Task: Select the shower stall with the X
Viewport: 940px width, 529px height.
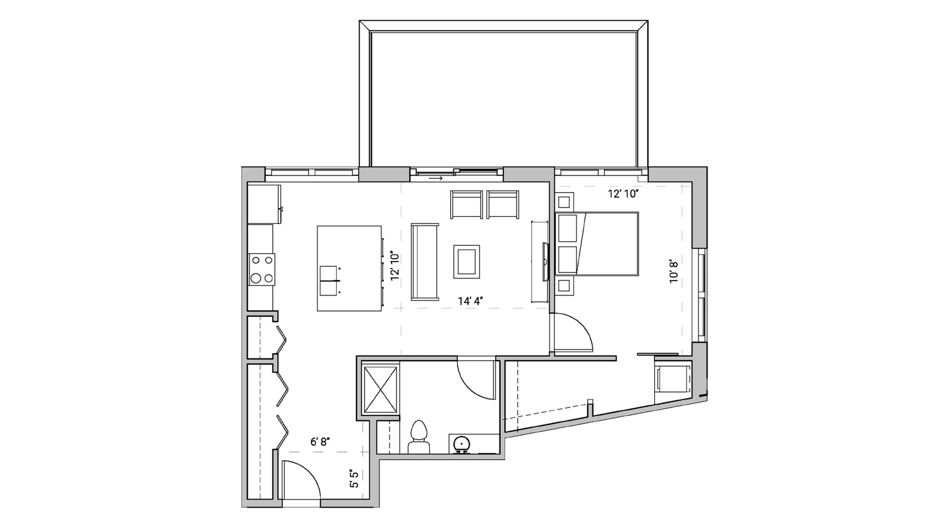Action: tap(380, 390)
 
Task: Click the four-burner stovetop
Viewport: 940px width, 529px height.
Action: tap(262, 269)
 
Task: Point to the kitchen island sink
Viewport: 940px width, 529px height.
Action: tap(329, 280)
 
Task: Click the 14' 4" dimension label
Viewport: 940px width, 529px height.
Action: tap(470, 301)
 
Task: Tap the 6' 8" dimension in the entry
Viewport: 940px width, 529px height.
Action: tap(320, 442)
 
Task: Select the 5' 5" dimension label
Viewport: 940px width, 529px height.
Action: tap(354, 478)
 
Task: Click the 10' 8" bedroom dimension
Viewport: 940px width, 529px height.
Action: tap(674, 272)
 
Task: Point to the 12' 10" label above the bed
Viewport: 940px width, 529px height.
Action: tap(623, 194)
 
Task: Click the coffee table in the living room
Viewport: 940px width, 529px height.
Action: tap(466, 261)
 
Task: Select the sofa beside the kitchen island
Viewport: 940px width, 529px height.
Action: tap(424, 261)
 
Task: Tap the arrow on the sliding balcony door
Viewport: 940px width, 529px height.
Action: tap(436, 178)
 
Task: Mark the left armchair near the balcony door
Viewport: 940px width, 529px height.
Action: tap(466, 204)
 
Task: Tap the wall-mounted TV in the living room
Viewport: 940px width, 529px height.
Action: tap(545, 261)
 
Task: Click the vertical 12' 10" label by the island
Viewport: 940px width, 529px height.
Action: tap(394, 266)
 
